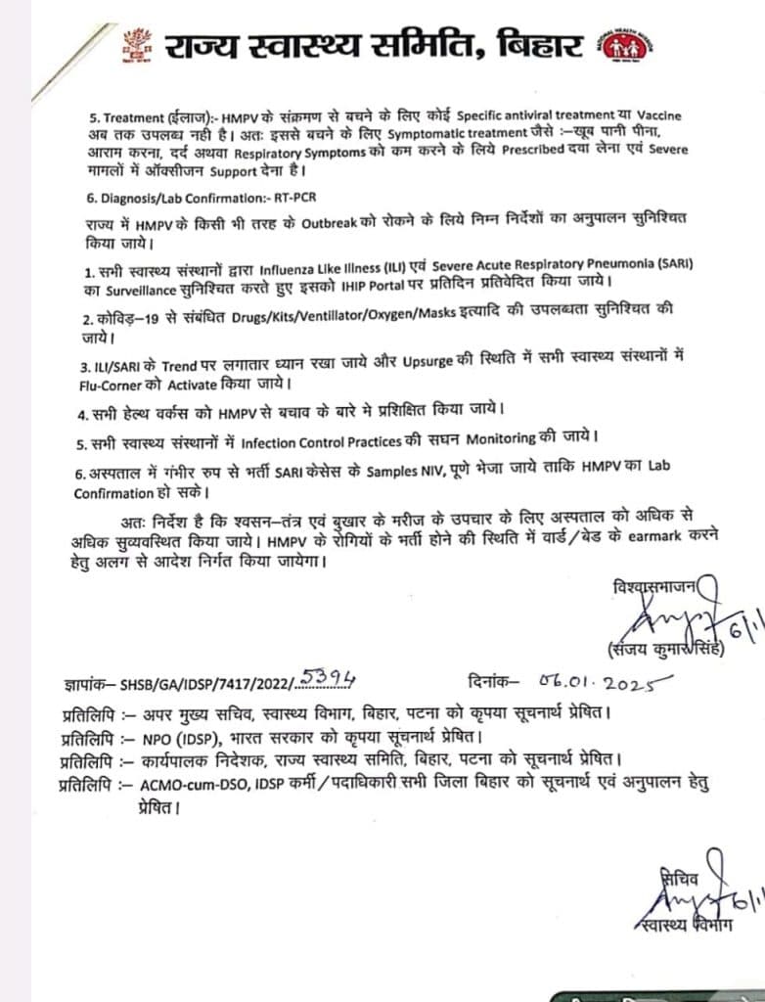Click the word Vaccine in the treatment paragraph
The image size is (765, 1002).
click(x=651, y=115)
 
